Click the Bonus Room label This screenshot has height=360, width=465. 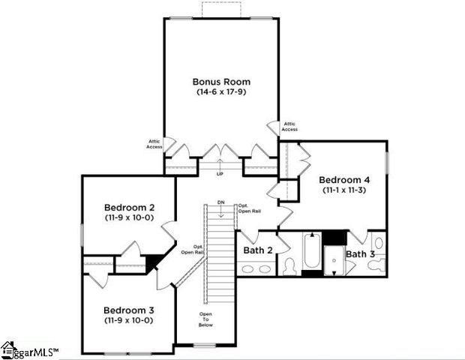[x=221, y=82]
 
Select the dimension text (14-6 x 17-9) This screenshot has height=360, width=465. [x=221, y=92]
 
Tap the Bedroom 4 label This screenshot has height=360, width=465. [x=344, y=180]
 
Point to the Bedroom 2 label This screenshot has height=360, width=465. [x=129, y=207]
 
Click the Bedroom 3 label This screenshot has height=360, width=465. [x=129, y=310]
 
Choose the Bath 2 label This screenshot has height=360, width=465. [x=257, y=249]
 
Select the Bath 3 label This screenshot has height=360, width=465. [x=360, y=254]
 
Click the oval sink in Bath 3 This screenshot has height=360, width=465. [x=378, y=243]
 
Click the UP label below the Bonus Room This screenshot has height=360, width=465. [x=220, y=174]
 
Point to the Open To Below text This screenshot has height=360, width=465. [x=205, y=319]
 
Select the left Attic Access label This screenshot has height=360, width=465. [x=154, y=143]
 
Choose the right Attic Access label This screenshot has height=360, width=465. [x=289, y=126]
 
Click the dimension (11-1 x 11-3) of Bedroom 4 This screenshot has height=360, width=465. [x=344, y=190]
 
